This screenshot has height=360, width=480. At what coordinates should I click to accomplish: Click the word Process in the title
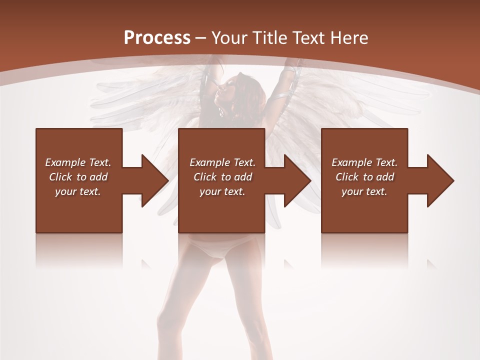click(x=157, y=37)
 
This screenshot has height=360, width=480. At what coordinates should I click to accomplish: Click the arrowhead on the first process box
click(x=152, y=180)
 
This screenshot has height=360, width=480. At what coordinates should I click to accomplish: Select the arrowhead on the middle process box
click(x=295, y=180)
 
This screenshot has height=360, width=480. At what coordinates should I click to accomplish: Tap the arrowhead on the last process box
click(x=438, y=180)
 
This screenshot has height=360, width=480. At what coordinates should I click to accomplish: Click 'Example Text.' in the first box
click(x=78, y=162)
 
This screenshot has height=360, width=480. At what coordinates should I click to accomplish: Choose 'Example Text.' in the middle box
click(x=222, y=162)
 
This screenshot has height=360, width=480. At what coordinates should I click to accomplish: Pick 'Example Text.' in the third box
click(x=364, y=162)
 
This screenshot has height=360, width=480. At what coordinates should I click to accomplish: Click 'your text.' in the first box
click(x=78, y=191)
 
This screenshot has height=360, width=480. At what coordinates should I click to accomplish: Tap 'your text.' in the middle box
click(x=222, y=191)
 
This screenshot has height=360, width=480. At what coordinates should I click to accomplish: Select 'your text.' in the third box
click(x=364, y=191)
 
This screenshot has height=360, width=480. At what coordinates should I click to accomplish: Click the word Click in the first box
click(x=61, y=177)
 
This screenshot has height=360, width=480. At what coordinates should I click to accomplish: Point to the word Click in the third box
click(x=347, y=177)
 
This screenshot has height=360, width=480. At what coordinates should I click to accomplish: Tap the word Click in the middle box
click(x=205, y=177)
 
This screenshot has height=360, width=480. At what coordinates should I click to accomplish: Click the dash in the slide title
click(x=201, y=38)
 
